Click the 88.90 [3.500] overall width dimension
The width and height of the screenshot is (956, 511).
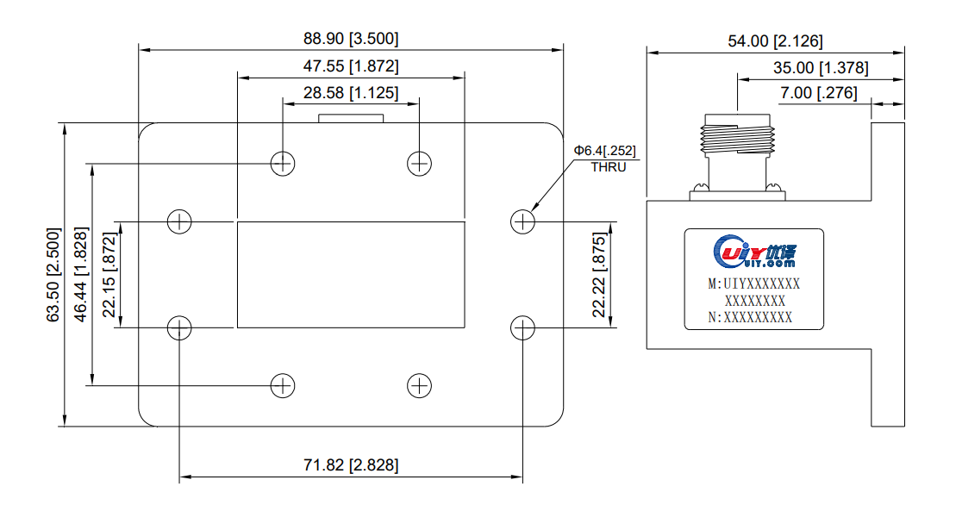pos(351,39)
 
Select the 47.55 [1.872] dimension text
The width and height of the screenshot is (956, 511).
pos(351,66)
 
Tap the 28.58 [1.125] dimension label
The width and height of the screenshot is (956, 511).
pos(351,92)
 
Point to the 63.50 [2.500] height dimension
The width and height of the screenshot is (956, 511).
pos(53,275)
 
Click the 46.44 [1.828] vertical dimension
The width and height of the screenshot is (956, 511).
pos(81,275)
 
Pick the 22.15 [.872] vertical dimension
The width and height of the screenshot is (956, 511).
pos(109,275)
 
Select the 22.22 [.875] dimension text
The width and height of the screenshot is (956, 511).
pos(599,275)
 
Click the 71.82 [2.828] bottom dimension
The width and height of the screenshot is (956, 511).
pos(351,465)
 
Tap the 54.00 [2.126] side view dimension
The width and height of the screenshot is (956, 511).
pos(776,41)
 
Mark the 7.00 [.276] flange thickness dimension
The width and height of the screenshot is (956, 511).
pos(819,92)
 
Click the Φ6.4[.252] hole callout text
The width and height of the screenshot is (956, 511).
pos(606,151)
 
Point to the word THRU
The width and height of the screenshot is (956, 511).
pos(608,166)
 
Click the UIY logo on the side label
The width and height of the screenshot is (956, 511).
pos(755,252)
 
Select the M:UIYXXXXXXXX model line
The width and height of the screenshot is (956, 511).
pos(754,284)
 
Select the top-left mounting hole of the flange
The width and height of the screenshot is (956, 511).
pos(283,162)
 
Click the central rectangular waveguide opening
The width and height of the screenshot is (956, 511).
pos(351,275)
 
